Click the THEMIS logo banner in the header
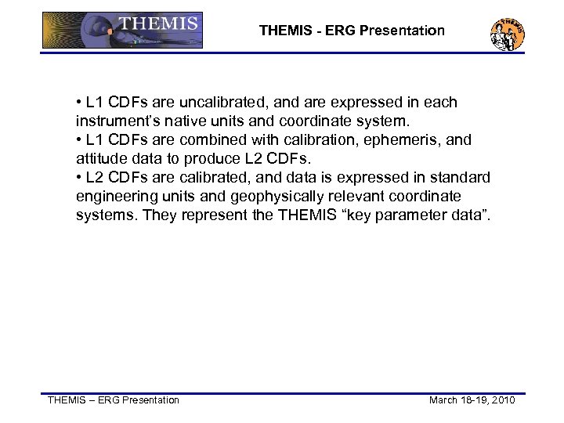pos(122,30)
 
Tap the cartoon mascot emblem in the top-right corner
pos(507,33)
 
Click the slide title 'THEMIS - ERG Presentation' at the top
pos(352,31)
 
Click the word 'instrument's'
pos(116,121)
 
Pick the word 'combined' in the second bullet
pos(211,140)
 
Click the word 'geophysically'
pos(267,197)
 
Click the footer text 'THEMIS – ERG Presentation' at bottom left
pos(114,400)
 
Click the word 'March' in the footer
pos(445,400)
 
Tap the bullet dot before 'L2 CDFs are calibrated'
pos(80,178)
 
